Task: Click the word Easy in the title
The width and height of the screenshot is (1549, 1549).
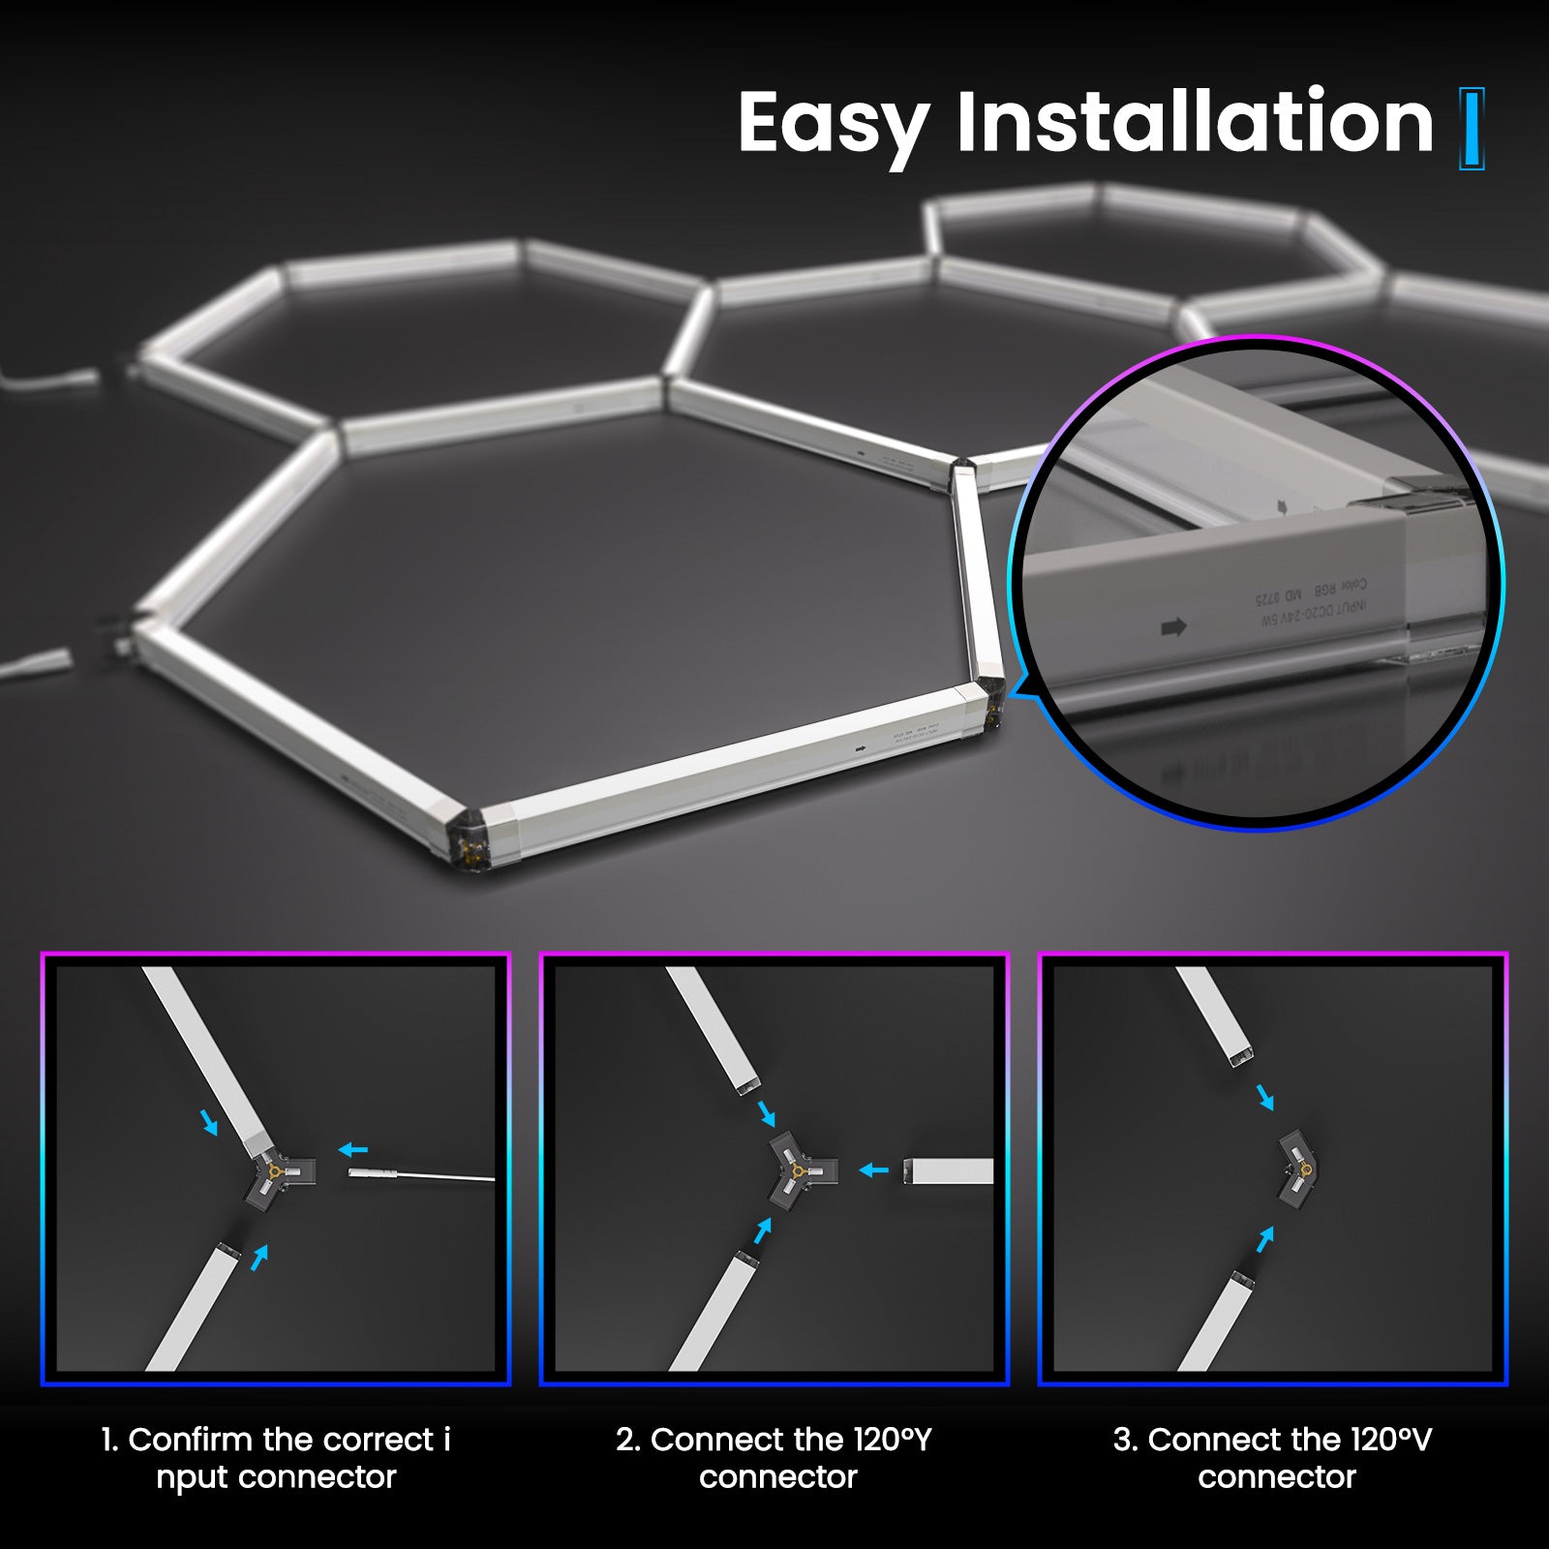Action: (833, 124)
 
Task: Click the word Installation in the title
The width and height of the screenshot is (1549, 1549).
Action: (1195, 122)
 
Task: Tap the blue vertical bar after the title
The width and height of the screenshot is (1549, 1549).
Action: (1472, 129)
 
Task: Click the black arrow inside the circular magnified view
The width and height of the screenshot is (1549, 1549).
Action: (1173, 627)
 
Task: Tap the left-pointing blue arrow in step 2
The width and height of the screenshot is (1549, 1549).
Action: (874, 1170)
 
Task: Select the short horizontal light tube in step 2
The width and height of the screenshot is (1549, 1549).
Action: (948, 1171)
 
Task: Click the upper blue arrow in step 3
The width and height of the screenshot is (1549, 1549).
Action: (1265, 1098)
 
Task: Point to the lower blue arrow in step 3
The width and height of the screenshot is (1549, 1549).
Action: (1264, 1238)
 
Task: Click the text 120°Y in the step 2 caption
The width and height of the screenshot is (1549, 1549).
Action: (892, 1440)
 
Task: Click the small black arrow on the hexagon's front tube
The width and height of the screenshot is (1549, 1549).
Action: (859, 748)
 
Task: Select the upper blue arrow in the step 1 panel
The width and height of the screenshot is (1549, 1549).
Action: (209, 1123)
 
